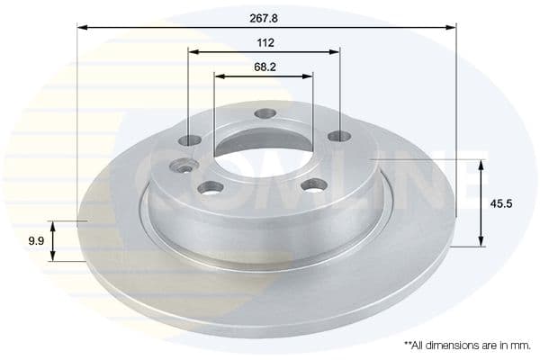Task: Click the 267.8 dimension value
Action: (x=265, y=15)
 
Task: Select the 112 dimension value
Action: (x=265, y=41)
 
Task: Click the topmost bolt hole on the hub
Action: (x=265, y=113)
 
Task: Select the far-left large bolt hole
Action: (x=190, y=140)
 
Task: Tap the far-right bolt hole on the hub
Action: (x=338, y=136)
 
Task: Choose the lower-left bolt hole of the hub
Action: (x=211, y=187)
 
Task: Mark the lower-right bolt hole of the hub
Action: (x=314, y=184)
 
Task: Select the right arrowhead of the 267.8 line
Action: (x=452, y=28)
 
